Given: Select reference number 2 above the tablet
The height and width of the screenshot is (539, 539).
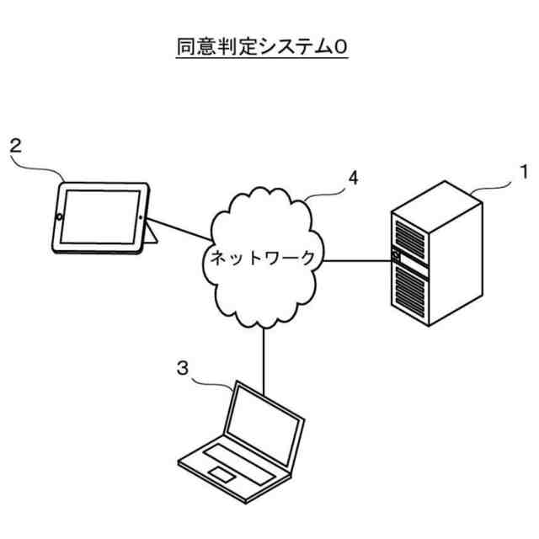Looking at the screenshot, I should tap(15, 145).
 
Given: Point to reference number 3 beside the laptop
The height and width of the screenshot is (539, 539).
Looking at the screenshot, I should tap(182, 368).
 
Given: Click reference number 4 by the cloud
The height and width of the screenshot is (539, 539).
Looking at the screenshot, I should tap(354, 178).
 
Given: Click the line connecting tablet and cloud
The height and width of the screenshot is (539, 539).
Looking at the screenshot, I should tap(182, 225).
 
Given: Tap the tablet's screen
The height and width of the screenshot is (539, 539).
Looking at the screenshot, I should tap(100, 215).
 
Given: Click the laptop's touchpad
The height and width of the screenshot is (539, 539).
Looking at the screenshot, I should tap(222, 475).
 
